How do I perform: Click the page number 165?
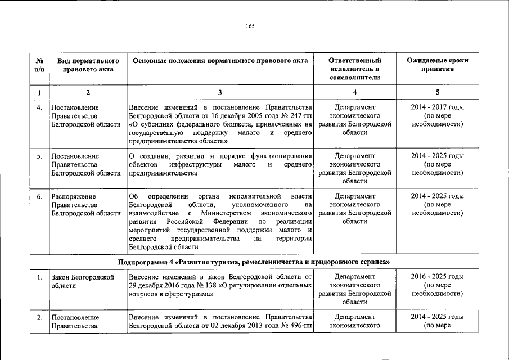coord(250,26)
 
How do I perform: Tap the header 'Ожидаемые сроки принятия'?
coord(437,65)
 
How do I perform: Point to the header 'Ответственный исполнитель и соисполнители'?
coord(354,69)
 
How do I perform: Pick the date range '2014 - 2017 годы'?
coord(437,107)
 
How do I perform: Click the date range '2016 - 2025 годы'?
coord(437,277)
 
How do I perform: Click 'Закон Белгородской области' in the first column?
coord(83,281)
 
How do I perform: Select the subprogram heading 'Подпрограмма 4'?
coord(145,262)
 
